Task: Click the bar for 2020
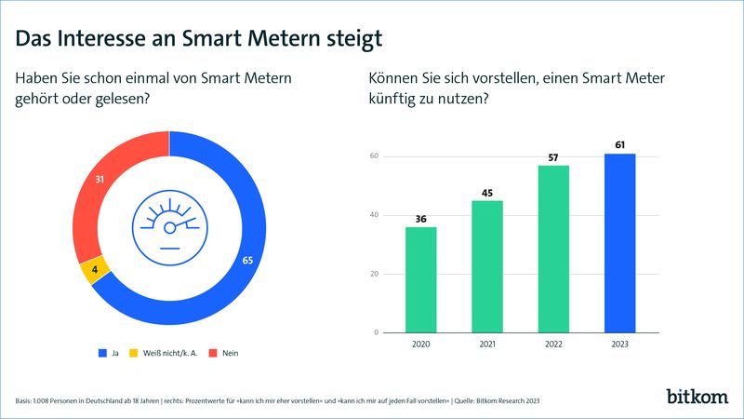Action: point(420,279)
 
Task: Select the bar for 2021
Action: point(486,266)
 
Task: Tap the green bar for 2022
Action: point(553,249)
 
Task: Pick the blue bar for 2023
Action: point(619,243)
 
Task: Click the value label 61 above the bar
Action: point(619,144)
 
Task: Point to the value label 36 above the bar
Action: point(420,218)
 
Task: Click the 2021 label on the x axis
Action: point(486,345)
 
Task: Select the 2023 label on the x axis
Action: point(619,345)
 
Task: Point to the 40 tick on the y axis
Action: point(374,214)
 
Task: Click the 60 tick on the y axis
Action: point(374,155)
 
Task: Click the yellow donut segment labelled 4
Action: point(95,271)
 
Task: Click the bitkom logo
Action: point(697,396)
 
